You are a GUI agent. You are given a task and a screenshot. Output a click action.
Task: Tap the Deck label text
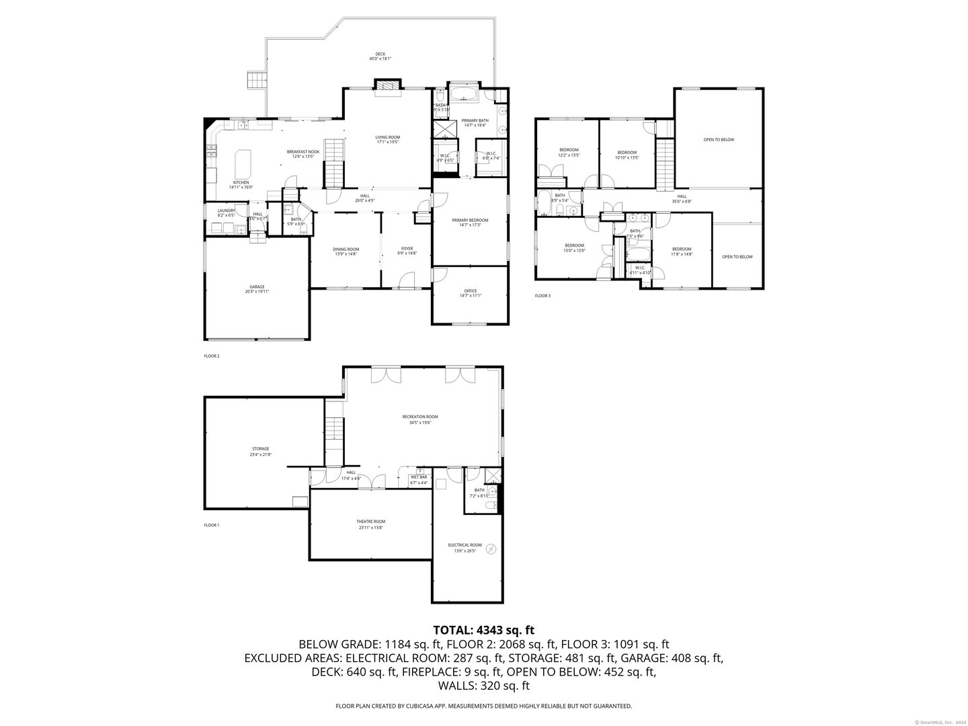click(380, 56)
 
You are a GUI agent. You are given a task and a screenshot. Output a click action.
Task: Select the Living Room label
click(387, 139)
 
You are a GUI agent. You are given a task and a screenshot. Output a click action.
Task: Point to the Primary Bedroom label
click(470, 223)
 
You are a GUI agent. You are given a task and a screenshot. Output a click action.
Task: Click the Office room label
click(470, 293)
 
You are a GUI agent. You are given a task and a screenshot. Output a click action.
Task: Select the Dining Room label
click(346, 251)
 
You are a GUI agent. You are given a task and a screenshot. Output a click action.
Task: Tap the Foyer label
click(407, 251)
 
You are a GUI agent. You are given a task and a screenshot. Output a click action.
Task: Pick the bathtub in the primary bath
click(464, 93)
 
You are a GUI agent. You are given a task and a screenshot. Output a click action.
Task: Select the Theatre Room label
click(370, 524)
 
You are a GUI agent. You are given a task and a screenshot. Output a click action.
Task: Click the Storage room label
click(261, 451)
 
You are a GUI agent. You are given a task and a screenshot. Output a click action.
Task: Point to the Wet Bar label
click(419, 480)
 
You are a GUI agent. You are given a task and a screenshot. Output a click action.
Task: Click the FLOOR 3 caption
click(542, 296)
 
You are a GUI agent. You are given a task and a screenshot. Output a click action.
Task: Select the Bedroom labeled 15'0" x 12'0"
click(574, 247)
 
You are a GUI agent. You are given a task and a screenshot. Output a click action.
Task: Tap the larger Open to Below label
click(719, 140)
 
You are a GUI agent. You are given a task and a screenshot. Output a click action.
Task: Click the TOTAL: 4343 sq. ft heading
click(484, 630)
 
